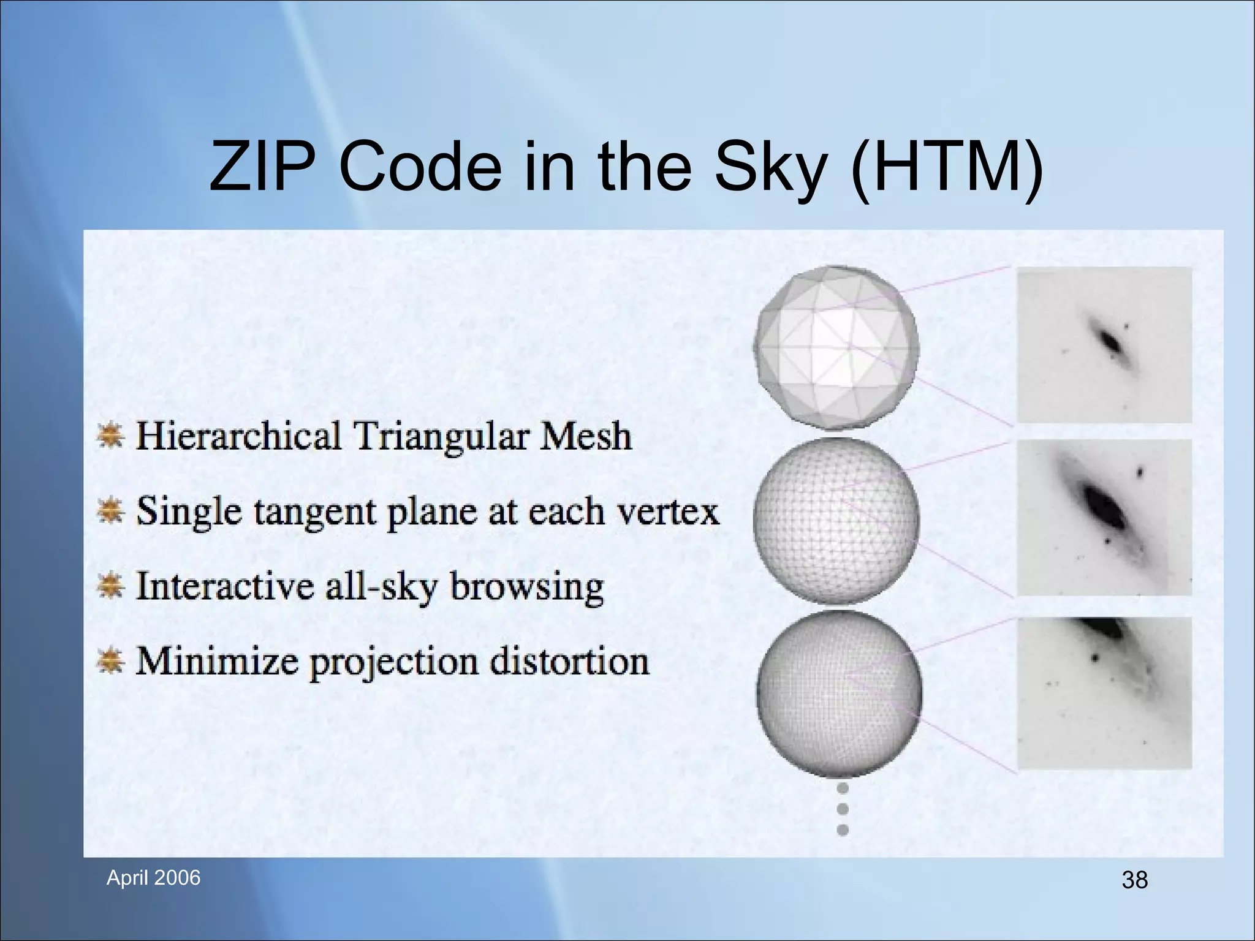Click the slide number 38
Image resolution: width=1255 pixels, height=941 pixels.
(x=1134, y=880)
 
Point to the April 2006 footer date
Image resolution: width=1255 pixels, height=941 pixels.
(x=153, y=878)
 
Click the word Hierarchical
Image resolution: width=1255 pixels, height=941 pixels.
(x=238, y=436)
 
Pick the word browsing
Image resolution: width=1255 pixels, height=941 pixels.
(x=526, y=587)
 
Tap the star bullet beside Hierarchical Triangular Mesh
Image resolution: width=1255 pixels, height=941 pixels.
(x=111, y=436)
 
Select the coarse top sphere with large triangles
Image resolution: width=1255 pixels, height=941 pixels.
(x=836, y=347)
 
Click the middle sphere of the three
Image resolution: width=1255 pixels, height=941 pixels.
(x=836, y=521)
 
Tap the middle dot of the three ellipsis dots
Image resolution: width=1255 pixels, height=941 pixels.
(x=843, y=809)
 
